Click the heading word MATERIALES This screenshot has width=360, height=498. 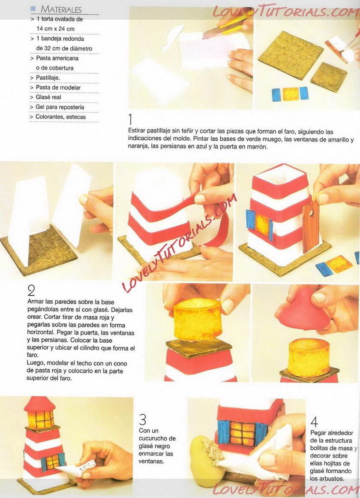(61, 9)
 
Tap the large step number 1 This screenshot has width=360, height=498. (130, 119)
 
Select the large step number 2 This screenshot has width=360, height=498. (31, 290)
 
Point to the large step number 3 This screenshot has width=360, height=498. (143, 420)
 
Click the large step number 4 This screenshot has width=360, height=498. (314, 422)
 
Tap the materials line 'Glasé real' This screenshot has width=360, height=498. (48, 97)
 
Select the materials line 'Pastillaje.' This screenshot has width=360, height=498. (48, 78)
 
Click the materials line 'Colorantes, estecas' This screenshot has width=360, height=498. (60, 117)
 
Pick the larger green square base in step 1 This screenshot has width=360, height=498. (291, 52)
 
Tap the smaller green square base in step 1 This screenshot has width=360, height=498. (329, 77)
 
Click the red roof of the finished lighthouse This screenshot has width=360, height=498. (39, 404)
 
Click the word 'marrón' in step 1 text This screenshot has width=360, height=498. (257, 147)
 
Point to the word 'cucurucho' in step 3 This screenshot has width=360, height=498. (157, 438)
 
